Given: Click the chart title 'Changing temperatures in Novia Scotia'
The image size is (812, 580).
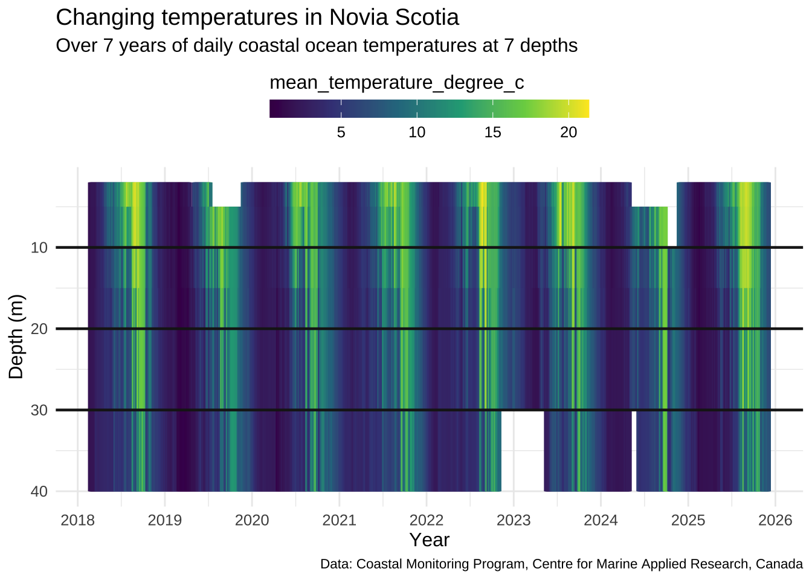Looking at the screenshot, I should click(x=257, y=18).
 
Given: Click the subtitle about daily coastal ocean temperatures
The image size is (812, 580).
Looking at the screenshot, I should click(x=317, y=46).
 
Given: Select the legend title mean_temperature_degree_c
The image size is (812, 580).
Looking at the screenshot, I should click(x=397, y=83).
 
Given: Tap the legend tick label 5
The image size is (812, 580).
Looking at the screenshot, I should click(x=341, y=132).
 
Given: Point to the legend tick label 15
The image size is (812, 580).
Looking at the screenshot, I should click(x=492, y=132).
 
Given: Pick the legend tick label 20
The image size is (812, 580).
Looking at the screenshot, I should click(x=569, y=132).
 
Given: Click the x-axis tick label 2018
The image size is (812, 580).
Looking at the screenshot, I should click(x=78, y=520).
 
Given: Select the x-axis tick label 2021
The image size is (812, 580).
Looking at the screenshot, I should click(x=340, y=520).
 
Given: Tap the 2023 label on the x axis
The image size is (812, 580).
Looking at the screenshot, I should click(x=514, y=520).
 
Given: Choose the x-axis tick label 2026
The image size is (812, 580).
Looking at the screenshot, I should click(x=775, y=520).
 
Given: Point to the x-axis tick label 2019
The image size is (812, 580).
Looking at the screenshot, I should click(x=165, y=520).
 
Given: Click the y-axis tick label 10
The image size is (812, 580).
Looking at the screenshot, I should click(x=39, y=248).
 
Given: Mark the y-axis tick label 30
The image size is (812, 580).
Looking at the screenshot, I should click(x=39, y=410).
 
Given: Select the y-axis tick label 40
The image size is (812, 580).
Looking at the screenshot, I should click(x=39, y=492).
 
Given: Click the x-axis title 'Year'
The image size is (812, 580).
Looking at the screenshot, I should click(x=429, y=540).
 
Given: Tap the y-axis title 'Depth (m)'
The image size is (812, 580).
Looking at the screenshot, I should click(x=16, y=337).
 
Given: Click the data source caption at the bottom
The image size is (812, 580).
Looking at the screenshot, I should click(x=561, y=564).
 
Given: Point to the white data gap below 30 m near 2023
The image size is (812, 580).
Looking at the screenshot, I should click(x=523, y=451).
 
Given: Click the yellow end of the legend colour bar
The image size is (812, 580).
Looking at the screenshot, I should click(x=583, y=109).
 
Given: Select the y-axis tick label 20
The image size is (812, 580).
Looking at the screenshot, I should click(x=39, y=329).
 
